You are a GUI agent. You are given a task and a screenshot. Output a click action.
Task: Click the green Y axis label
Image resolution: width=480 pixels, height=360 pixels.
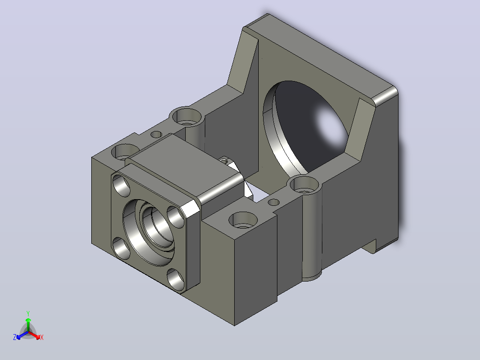coord(28,313)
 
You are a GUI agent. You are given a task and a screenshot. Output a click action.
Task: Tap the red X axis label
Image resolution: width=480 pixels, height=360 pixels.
coord(42,337)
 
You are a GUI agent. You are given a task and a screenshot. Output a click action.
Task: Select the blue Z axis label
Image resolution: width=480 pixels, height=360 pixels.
coord(15,337)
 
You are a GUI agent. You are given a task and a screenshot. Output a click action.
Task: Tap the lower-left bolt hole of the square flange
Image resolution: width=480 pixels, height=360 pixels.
coord(122,248)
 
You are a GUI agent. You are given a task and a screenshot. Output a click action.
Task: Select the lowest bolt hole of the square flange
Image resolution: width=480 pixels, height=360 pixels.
coord(176,279)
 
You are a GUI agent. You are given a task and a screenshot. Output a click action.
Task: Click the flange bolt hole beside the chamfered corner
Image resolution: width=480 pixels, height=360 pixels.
coord(175,217)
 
